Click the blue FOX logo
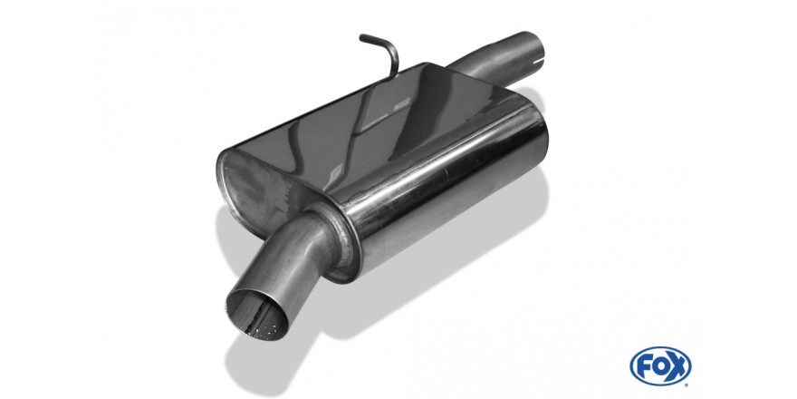click(660, 366)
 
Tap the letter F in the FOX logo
click(644, 366)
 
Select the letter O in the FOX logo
click(659, 366)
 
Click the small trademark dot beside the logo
click(687, 384)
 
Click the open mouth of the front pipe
click(256, 315)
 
